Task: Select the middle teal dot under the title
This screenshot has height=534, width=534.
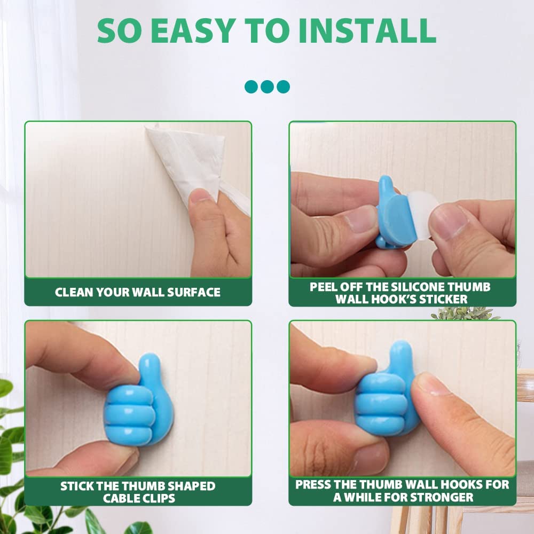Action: (x=267, y=87)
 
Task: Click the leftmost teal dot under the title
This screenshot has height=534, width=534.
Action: (x=251, y=87)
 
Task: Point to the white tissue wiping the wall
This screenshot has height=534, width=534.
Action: (x=187, y=160)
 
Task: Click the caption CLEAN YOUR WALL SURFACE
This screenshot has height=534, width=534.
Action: (x=138, y=292)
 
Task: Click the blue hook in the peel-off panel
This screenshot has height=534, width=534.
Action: (x=395, y=214)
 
